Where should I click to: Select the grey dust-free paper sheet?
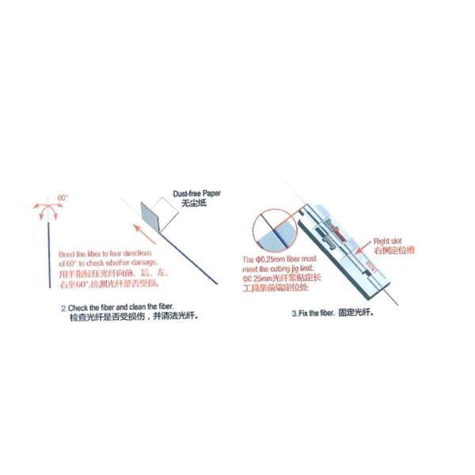click(150, 214)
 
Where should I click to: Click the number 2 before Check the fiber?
click(63, 305)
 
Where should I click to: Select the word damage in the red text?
click(146, 262)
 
